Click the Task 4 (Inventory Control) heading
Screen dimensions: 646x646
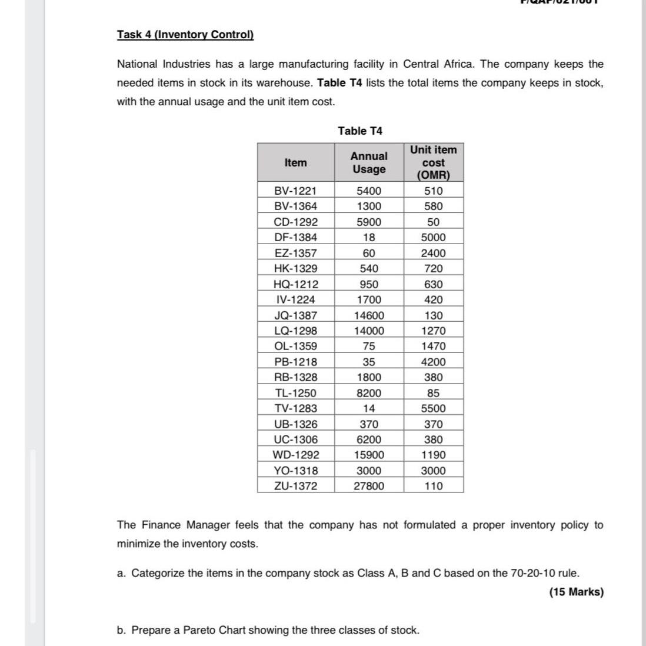pos(185,34)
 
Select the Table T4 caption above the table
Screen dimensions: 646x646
pos(360,131)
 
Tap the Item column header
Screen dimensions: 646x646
pos(295,162)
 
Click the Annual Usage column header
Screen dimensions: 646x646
pos(369,162)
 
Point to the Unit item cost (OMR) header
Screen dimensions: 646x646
pos(434,162)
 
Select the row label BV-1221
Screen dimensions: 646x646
pos(295,191)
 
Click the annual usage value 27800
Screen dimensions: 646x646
pos(369,486)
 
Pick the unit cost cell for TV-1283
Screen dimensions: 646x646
pos(434,408)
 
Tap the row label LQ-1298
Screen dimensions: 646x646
pos(295,331)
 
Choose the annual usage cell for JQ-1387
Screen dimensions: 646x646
pos(369,315)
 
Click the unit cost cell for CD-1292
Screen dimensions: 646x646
pos(434,222)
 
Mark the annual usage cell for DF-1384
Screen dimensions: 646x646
pos(369,237)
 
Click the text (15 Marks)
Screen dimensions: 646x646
pos(576,592)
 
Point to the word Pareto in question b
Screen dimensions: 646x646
pos(199,630)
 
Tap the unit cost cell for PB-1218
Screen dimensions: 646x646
pos(434,362)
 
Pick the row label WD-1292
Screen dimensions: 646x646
pos(295,455)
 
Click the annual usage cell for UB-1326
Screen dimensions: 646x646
pos(369,424)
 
